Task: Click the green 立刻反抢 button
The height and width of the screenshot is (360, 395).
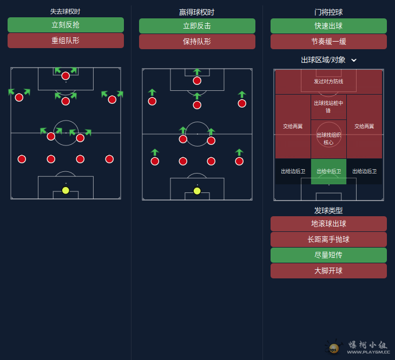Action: pos(65,25)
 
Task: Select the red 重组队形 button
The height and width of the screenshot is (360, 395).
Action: pos(65,41)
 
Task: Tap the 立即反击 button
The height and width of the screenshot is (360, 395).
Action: pos(197,26)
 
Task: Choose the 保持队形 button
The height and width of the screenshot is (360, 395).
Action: pos(197,42)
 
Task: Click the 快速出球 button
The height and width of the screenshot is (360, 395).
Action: pos(328,26)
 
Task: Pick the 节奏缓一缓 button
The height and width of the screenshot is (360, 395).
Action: pos(328,42)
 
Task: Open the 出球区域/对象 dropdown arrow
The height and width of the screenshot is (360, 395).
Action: pos(354,60)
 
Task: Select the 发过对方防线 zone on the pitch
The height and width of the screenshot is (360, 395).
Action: pos(328,82)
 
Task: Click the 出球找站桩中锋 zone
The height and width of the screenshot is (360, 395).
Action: pos(328,106)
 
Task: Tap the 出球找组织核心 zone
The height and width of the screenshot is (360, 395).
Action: pos(328,139)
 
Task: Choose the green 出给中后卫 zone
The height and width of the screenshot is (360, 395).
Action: pos(328,171)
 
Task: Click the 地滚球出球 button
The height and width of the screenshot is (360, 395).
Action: pos(328,224)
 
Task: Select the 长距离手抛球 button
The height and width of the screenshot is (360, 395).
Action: pos(328,239)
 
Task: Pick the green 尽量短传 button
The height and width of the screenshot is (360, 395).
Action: pos(328,255)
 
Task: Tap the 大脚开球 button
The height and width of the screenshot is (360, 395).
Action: pos(328,271)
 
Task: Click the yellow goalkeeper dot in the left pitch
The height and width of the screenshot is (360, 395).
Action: pos(65,190)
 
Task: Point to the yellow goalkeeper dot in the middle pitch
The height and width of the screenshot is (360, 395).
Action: pos(197,191)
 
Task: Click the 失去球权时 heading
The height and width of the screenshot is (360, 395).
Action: pos(65,11)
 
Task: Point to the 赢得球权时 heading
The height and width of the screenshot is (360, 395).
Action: pos(197,12)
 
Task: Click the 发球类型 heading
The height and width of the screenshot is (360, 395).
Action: pos(328,210)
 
